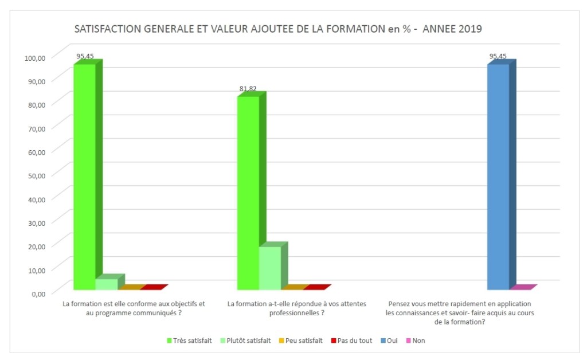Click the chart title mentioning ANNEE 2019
[x=278, y=29]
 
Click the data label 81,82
[x=248, y=89]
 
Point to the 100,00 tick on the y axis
[x=34, y=57]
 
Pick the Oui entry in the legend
[x=389, y=341]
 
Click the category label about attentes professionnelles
[x=297, y=308]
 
